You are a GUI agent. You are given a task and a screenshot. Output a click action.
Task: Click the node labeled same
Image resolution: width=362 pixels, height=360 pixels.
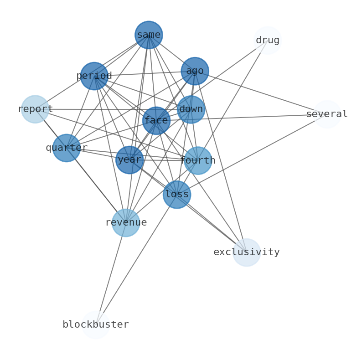(x=149, y=35)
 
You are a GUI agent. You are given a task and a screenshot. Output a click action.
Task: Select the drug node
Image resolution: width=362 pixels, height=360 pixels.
(x=268, y=41)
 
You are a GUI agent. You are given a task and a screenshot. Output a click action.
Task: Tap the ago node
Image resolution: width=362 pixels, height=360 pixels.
(x=195, y=71)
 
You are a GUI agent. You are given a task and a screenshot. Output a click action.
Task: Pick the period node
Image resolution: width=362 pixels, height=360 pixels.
(x=94, y=76)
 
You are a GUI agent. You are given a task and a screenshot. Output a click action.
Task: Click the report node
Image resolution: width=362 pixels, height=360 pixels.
(x=35, y=109)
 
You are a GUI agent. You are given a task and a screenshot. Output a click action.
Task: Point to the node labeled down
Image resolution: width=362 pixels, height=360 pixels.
(x=191, y=109)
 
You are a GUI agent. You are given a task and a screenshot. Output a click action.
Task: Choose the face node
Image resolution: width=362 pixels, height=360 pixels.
(x=156, y=121)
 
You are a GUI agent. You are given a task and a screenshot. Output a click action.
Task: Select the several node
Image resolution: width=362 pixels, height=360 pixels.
(x=327, y=114)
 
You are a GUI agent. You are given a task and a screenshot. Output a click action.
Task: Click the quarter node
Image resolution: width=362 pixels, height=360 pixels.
(x=67, y=148)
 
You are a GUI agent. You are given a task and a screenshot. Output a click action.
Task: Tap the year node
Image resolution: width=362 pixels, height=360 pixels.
(x=129, y=160)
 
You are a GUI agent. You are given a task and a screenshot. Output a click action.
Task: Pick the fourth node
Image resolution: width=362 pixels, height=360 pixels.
(x=198, y=160)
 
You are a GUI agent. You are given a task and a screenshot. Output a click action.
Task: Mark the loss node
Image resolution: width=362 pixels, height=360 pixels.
(x=177, y=195)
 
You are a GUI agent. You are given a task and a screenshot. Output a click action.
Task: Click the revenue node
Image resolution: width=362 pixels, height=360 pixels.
(x=126, y=223)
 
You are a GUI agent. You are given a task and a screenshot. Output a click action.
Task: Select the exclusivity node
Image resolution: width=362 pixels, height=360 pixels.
(x=247, y=252)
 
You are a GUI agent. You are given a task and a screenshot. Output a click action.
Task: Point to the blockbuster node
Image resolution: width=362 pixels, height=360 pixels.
(x=96, y=324)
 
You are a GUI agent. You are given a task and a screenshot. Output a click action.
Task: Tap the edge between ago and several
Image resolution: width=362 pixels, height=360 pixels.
(x=261, y=93)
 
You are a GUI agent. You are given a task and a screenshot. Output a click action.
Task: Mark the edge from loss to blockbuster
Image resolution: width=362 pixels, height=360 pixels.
(x=136, y=260)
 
